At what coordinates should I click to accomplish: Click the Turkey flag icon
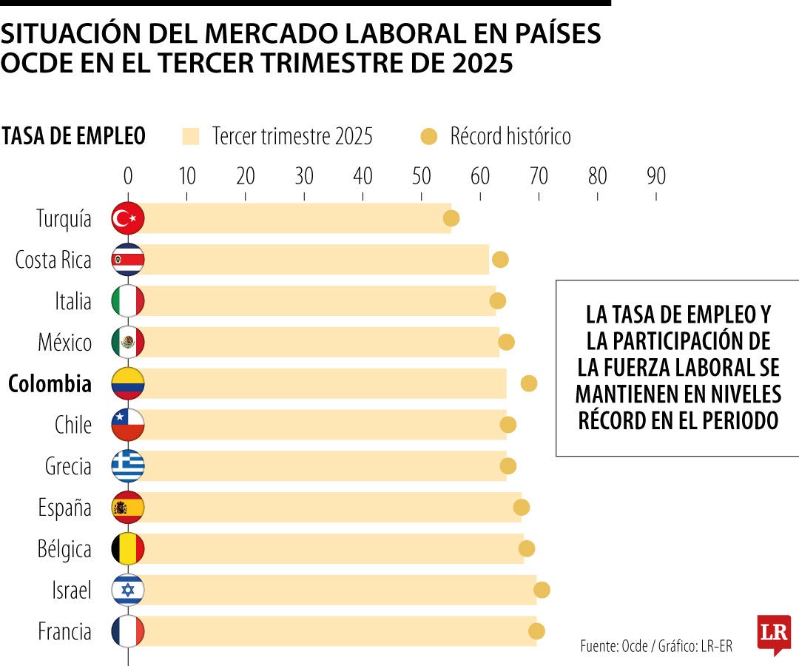[128, 218]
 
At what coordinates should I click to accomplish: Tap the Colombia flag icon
[128, 383]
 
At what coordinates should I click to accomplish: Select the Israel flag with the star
[128, 590]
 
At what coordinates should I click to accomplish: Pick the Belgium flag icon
[128, 548]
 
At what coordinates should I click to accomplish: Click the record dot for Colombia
[528, 383]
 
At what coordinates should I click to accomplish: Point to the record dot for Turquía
[451, 218]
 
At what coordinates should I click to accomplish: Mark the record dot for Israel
[542, 590]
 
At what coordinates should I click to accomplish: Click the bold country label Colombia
[50, 384]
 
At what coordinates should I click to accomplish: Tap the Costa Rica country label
[53, 260]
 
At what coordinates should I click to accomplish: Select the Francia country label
[65, 632]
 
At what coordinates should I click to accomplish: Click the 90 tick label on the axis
[656, 177]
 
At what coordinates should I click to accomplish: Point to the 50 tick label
[421, 177]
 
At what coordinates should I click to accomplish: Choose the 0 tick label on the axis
[128, 177]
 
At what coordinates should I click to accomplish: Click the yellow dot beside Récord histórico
[429, 136]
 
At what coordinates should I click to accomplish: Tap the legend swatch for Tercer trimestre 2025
[191, 136]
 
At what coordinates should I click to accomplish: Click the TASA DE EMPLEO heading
[73, 136]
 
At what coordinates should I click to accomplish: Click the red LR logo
[773, 633]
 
